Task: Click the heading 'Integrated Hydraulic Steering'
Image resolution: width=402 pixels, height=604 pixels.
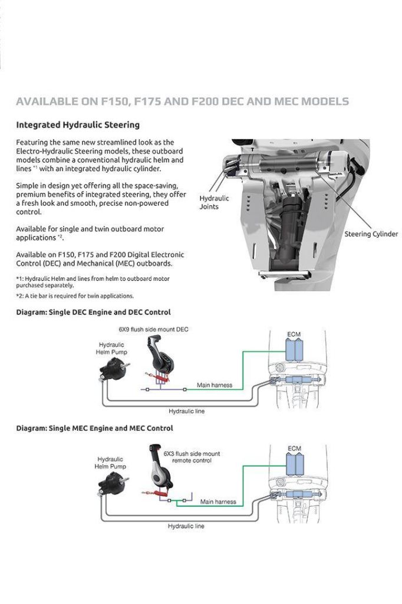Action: click(x=78, y=125)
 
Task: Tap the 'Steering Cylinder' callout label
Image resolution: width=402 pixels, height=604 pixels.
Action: click(x=371, y=234)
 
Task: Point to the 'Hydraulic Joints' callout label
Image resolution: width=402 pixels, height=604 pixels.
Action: click(x=214, y=202)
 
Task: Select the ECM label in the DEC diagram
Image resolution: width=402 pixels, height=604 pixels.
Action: click(x=294, y=334)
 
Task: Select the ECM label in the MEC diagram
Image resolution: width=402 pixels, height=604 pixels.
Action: click(x=295, y=449)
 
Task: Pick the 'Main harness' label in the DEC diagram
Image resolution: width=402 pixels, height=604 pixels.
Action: click(x=214, y=385)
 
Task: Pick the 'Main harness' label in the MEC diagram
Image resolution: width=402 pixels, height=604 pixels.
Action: click(x=218, y=502)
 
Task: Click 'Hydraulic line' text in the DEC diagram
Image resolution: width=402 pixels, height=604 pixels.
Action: click(x=187, y=411)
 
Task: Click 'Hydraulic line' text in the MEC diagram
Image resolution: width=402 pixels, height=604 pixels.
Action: click(x=186, y=526)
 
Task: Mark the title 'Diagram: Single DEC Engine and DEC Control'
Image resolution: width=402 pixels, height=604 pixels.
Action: click(x=93, y=312)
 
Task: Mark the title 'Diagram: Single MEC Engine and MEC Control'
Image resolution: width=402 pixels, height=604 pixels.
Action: click(x=94, y=428)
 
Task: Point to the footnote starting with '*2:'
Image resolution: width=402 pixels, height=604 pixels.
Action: click(x=75, y=296)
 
